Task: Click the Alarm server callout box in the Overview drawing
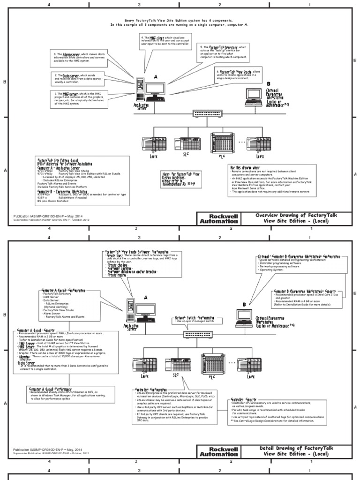click(75, 59)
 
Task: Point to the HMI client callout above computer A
click(161, 43)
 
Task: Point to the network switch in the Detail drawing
click(202, 335)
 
